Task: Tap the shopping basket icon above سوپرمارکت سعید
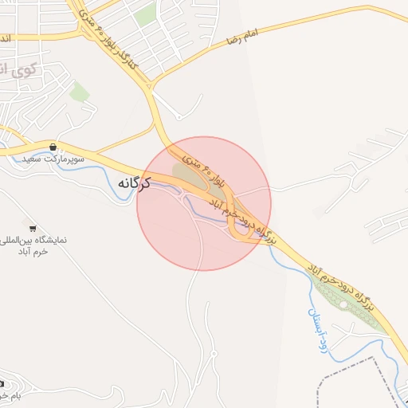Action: [x=53, y=147]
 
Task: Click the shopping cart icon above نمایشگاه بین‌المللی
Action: [x=33, y=228]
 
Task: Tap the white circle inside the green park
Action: [x=343, y=304]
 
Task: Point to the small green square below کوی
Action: [x=79, y=92]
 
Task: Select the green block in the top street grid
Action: [x=144, y=14]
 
